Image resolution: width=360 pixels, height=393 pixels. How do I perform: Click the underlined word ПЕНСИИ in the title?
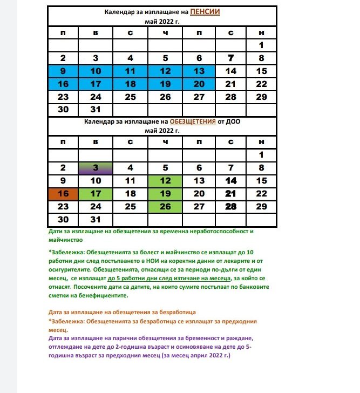pyautogui.click(x=205, y=11)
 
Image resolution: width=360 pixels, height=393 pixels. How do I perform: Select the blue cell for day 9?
pyautogui.click(x=63, y=71)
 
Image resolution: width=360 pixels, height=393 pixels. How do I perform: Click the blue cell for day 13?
pyautogui.click(x=199, y=71)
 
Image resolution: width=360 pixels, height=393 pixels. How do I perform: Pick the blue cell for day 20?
pyautogui.click(x=199, y=84)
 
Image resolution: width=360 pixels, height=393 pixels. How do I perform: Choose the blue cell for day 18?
pyautogui.click(x=130, y=84)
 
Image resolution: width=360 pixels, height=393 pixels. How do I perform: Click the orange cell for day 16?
pyautogui.click(x=63, y=194)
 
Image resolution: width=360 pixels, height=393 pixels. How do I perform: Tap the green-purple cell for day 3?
pyautogui.click(x=96, y=168)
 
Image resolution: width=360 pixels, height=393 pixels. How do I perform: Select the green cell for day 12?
pyautogui.click(x=165, y=181)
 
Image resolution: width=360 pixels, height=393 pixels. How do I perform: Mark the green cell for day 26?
pyautogui.click(x=165, y=206)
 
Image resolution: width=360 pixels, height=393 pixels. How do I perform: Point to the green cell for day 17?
pyautogui.click(x=96, y=194)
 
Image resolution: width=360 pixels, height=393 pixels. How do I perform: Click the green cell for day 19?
pyautogui.click(x=165, y=194)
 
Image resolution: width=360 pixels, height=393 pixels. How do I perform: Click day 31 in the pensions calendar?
pyautogui.click(x=96, y=110)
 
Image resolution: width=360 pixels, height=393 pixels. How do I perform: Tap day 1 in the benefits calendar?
pyautogui.click(x=261, y=155)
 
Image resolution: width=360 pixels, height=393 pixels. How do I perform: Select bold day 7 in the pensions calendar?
pyautogui.click(x=231, y=58)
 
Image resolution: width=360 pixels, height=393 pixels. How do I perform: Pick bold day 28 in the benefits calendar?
pyautogui.click(x=231, y=206)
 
